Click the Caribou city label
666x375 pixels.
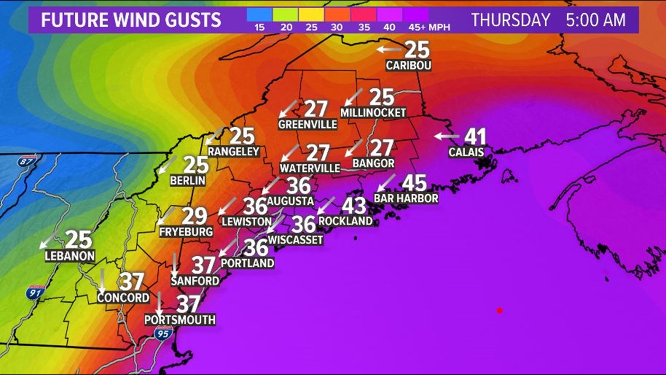[x=408, y=66]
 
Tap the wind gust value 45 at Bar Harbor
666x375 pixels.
[x=414, y=183]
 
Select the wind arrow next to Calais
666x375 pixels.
[x=446, y=136]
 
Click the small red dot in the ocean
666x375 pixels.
[x=499, y=311]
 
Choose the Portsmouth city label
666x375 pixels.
[x=180, y=320]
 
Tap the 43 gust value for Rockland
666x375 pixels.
[x=353, y=206]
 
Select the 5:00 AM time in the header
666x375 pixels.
[x=595, y=20]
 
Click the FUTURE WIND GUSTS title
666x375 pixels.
[x=131, y=20]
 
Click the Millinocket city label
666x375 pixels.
[x=373, y=112]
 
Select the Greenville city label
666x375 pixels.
[x=307, y=125]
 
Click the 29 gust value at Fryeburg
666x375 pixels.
[x=195, y=216]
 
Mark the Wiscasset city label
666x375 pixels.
[x=296, y=239]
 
